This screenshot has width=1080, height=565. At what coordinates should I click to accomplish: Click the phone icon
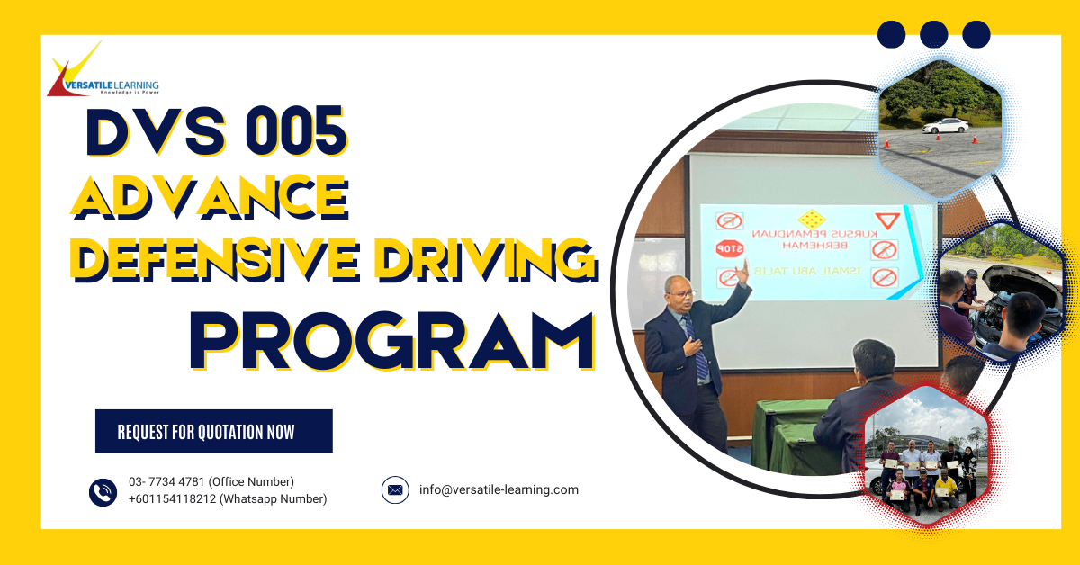(103, 491)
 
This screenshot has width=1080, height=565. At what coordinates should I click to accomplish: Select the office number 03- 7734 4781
(211, 482)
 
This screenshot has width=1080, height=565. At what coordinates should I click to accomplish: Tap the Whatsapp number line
(227, 498)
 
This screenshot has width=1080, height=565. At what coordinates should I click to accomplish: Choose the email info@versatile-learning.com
(499, 490)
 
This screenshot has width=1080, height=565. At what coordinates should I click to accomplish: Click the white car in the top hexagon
(944, 126)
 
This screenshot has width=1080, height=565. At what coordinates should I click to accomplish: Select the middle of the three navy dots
(934, 34)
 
